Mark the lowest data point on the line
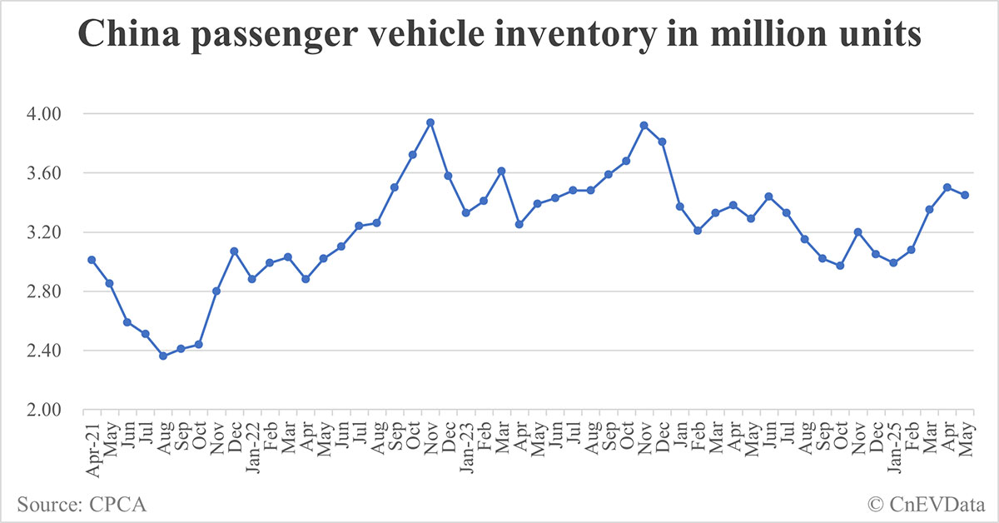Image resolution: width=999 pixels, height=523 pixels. (163, 356)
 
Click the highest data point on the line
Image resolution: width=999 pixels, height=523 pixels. (430, 122)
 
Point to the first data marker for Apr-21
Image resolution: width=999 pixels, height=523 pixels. (92, 260)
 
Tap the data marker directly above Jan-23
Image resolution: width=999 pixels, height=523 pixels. (466, 212)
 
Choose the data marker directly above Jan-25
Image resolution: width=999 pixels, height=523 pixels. (893, 262)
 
